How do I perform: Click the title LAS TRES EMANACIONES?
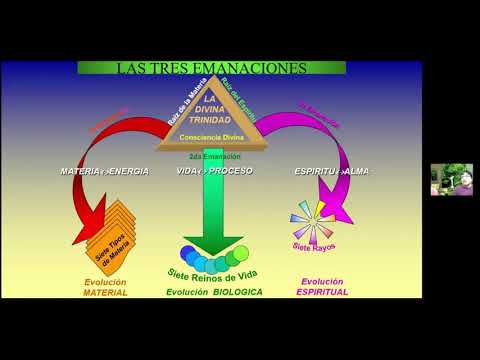pos(211,68)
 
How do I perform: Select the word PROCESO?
pos(232,171)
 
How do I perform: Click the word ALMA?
pos(358,171)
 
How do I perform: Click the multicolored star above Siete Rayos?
pos(309,219)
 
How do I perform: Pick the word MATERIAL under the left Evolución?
pos(105,293)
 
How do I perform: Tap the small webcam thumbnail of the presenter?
pos(451,179)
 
